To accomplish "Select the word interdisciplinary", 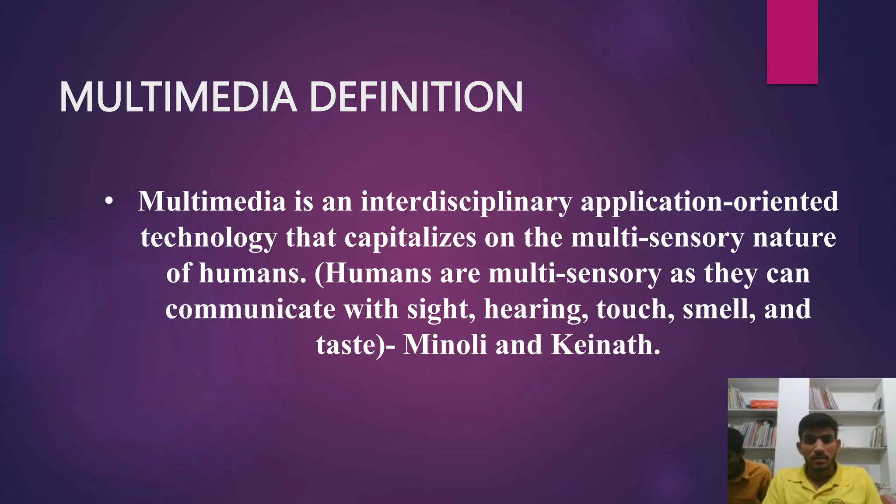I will click(466, 202).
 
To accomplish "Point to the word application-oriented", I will click(709, 202).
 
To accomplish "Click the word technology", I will click(208, 238).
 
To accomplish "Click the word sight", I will click(441, 309).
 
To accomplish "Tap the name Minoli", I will click(444, 345).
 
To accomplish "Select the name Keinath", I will click(605, 345).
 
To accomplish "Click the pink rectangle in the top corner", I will click(792, 42).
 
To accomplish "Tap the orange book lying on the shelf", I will click(764, 403).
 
